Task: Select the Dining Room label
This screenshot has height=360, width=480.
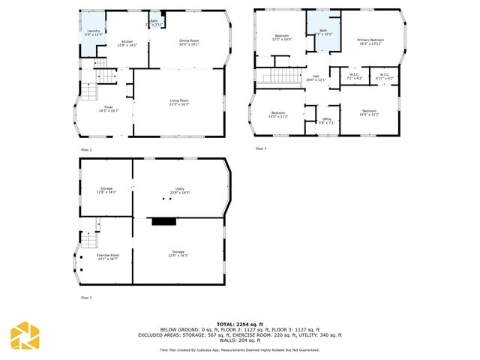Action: (189, 42)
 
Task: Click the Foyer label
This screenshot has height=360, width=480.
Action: (109, 109)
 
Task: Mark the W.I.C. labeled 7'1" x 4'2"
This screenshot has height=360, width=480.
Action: (354, 76)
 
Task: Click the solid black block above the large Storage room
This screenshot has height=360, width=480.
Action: (162, 221)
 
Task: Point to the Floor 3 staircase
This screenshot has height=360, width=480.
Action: (279, 77)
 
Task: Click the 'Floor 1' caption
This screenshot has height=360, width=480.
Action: (86, 298)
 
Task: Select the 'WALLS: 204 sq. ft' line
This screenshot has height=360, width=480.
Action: (239, 340)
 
